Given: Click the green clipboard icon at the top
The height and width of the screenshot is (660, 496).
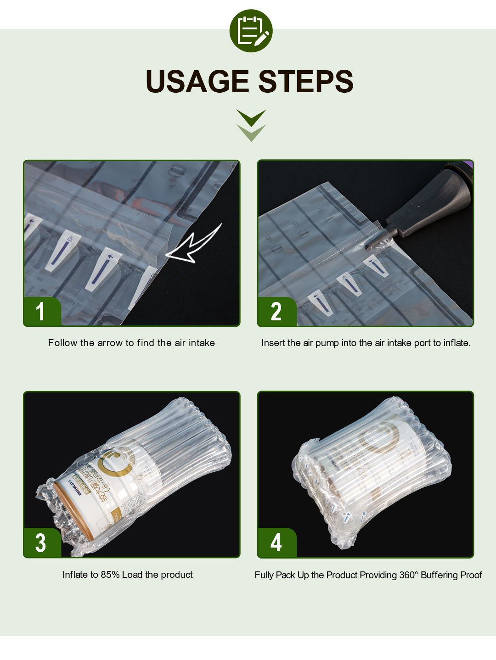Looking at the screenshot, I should (x=251, y=31).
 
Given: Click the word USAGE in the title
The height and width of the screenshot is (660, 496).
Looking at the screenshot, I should (x=197, y=82).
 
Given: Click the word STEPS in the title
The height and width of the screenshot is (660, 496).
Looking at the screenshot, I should (x=305, y=82).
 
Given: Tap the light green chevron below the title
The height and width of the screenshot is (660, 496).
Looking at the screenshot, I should (x=251, y=133).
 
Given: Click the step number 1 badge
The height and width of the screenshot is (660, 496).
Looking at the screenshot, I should (x=41, y=311).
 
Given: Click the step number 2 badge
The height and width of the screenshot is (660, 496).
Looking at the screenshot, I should (x=276, y=312).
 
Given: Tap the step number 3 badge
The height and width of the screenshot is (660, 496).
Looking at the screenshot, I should (x=41, y=543).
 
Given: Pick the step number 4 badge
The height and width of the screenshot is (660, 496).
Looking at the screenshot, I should (x=276, y=543).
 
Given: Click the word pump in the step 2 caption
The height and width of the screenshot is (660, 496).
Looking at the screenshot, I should (x=327, y=343).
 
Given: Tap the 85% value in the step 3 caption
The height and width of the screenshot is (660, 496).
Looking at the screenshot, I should (x=110, y=575).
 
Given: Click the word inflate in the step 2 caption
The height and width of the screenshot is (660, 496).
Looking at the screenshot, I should (x=456, y=343).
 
